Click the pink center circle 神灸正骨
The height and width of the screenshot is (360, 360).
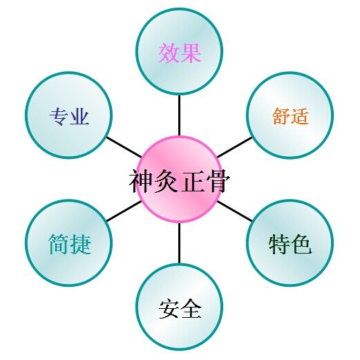180,180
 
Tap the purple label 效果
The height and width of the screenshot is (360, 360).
180,53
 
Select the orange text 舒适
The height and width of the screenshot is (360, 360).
290,116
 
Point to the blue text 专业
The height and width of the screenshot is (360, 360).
69,116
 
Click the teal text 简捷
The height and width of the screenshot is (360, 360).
70,244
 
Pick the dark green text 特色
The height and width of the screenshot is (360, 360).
290,244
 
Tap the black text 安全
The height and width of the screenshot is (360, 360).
180,308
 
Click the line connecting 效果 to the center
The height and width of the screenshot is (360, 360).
179,115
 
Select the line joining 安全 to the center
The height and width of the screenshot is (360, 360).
179,243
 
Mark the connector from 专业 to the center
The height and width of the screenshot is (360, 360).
124,147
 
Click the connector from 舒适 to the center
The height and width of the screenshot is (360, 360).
235,147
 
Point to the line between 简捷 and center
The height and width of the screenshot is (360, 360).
124,211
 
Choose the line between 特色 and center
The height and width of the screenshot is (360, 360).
235,211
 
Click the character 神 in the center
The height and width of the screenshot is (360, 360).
141,181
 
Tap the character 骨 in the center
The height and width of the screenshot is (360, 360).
218,180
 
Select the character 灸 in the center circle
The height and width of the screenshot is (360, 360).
167,181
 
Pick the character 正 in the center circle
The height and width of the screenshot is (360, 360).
192,181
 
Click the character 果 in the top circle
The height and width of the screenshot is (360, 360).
191,53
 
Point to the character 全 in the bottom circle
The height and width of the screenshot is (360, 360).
191,308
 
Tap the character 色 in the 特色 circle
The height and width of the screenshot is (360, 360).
301,244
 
